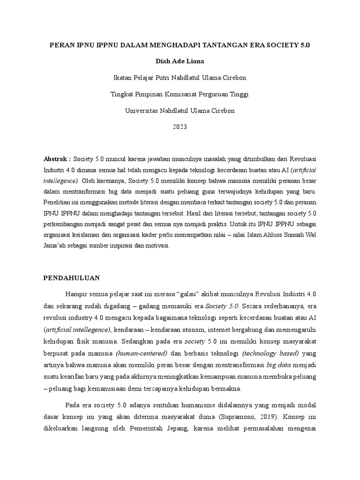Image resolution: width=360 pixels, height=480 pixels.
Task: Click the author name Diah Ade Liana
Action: (x=180, y=61)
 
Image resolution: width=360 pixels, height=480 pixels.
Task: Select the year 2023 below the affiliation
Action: (x=180, y=127)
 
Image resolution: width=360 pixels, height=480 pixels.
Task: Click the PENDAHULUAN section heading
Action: (x=72, y=278)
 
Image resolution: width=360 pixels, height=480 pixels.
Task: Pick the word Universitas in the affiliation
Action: (x=142, y=111)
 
